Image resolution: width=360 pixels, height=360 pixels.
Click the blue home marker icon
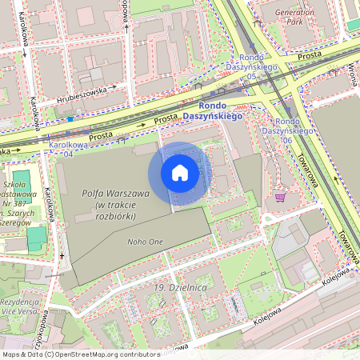click(180, 173)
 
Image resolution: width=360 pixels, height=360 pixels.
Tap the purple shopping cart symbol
click(280, 197)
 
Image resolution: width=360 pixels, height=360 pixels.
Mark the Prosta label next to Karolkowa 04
click(101, 136)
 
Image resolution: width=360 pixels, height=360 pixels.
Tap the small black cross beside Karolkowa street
click(62, 256)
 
